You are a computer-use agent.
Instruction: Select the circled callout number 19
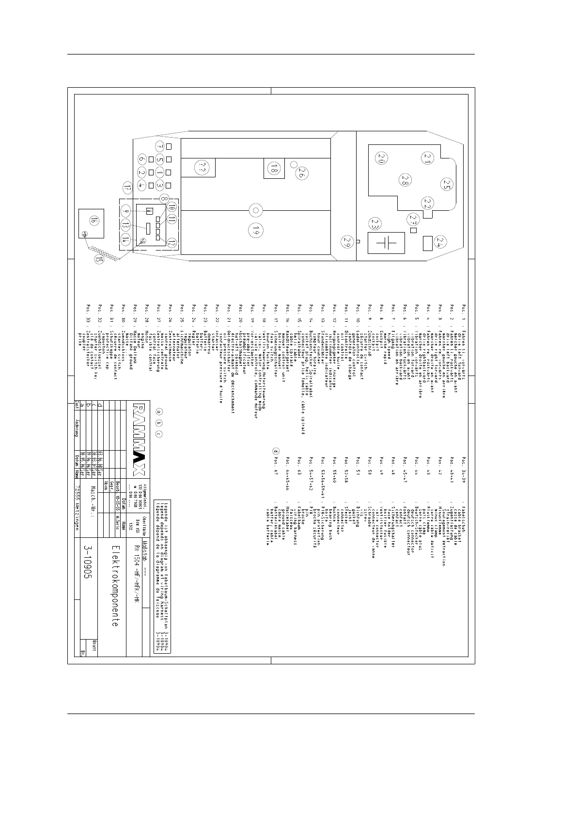click(255, 232)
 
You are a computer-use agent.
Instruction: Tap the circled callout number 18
click(274, 169)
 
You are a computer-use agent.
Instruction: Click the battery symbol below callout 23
click(387, 242)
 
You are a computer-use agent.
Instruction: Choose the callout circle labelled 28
click(405, 180)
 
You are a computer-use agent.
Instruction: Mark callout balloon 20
click(382, 158)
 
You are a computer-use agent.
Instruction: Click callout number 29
click(347, 241)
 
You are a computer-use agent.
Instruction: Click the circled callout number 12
click(172, 243)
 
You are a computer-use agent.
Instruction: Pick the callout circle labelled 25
click(446, 184)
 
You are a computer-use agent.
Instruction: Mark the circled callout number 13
click(125, 225)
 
